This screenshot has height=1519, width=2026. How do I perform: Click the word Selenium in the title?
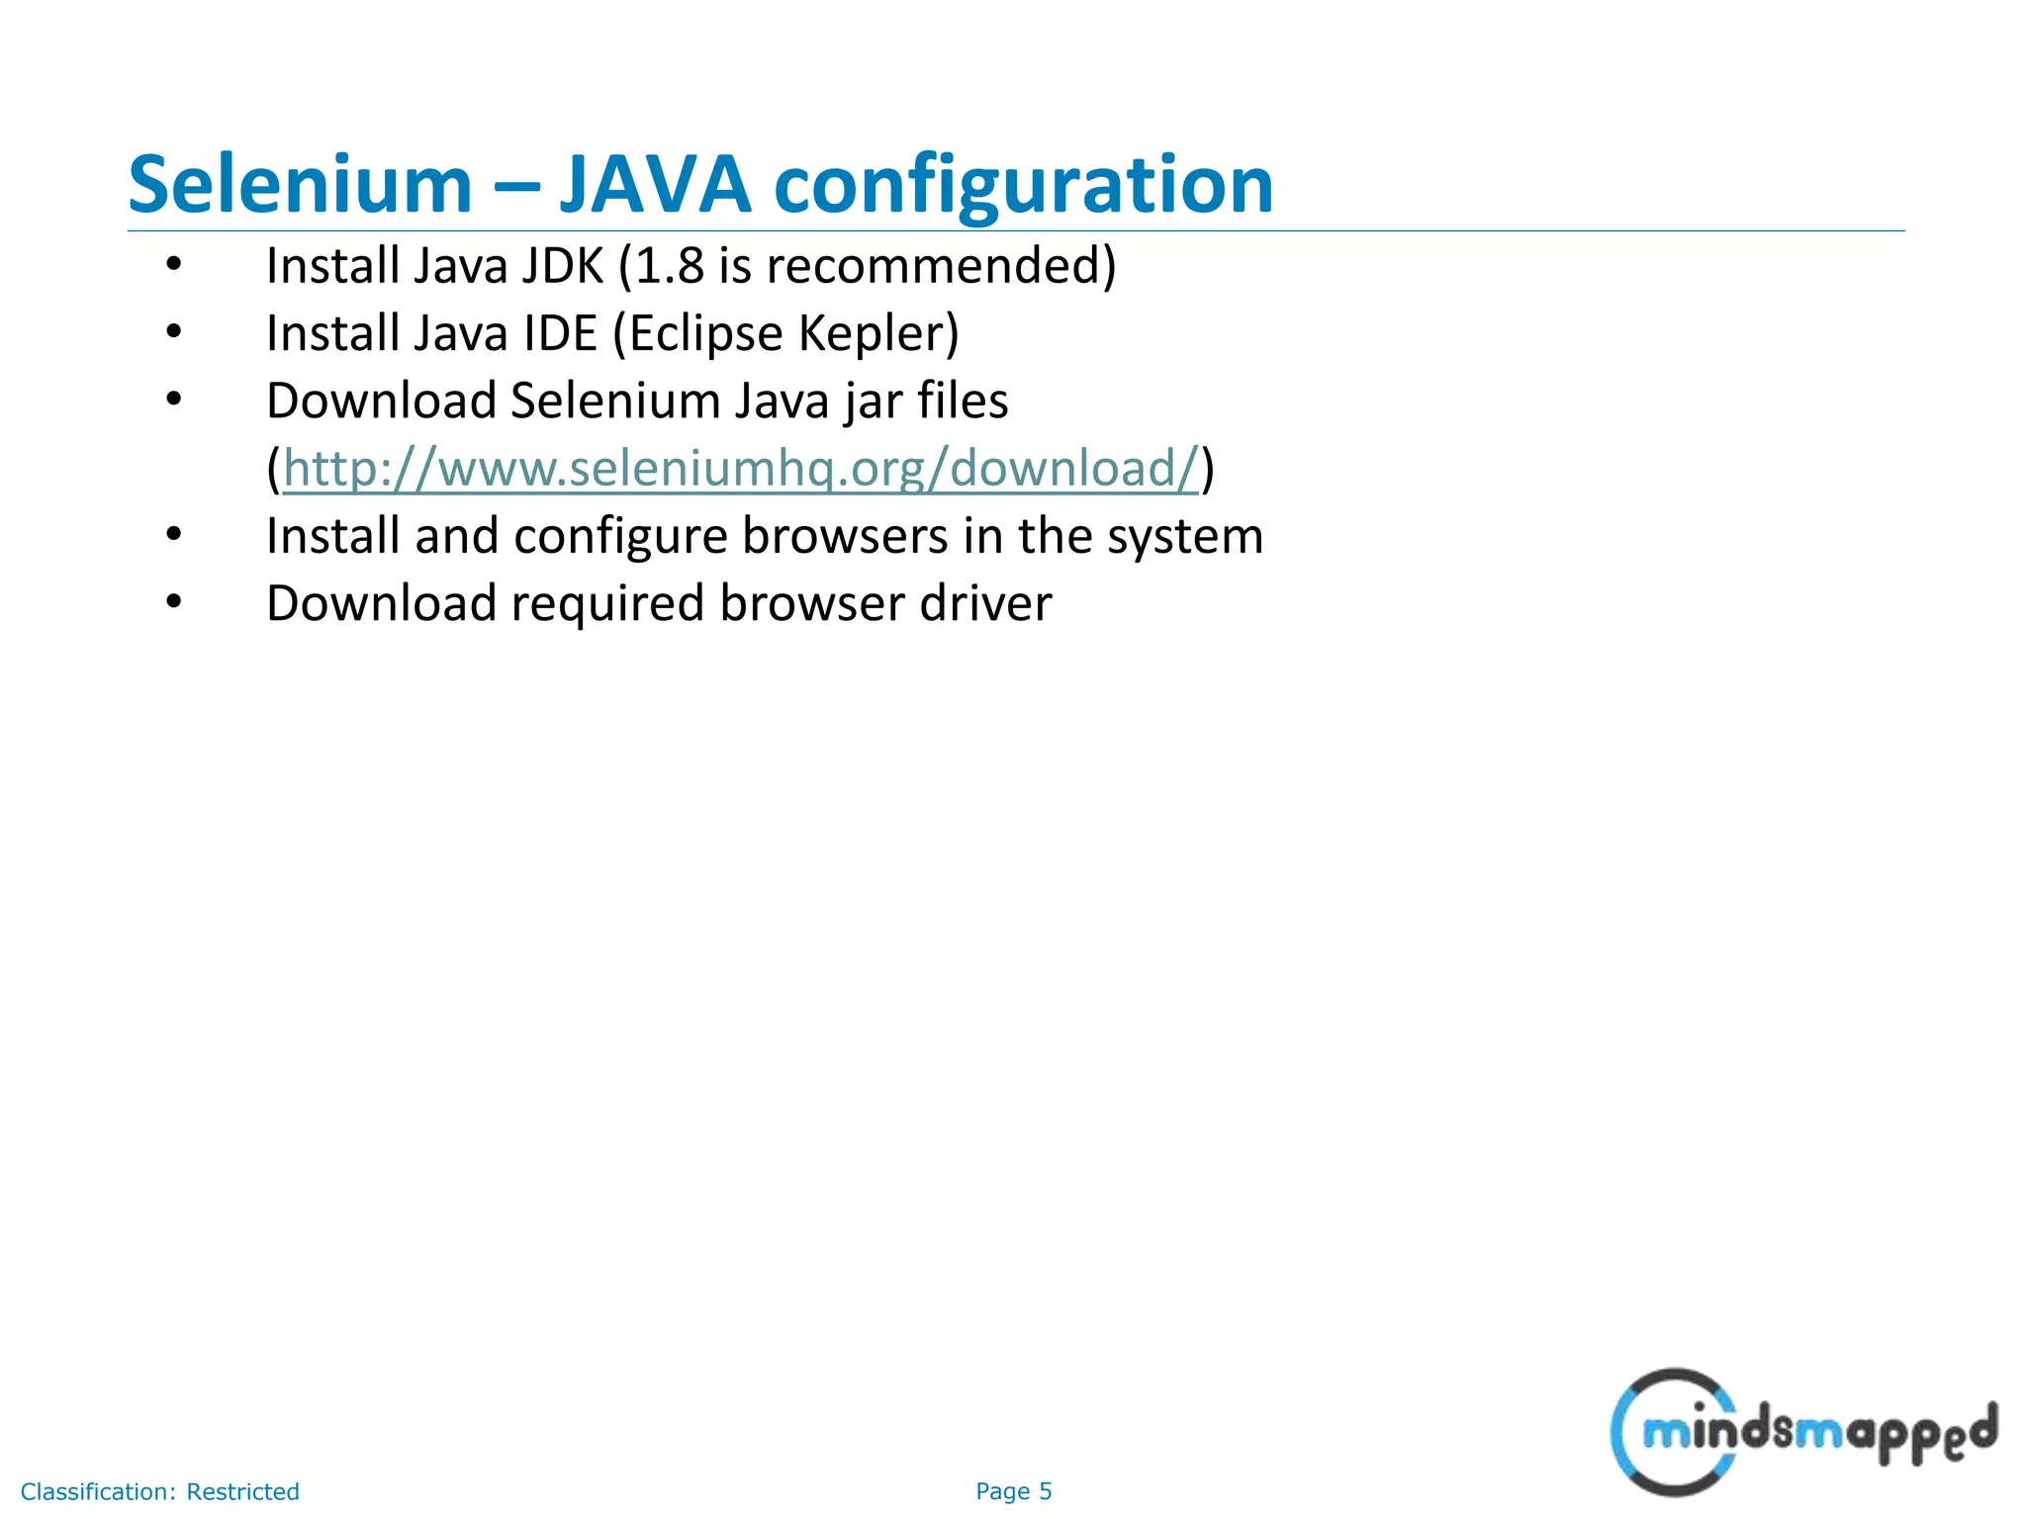[300, 185]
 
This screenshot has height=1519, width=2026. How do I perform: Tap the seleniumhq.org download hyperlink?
[740, 469]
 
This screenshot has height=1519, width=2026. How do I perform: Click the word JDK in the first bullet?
[560, 266]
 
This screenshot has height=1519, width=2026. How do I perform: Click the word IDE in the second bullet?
[560, 333]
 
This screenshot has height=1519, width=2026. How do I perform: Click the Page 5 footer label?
[1013, 1491]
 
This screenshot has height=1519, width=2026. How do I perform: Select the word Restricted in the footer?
[242, 1491]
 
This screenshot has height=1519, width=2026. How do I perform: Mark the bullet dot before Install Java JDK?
[174, 265]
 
